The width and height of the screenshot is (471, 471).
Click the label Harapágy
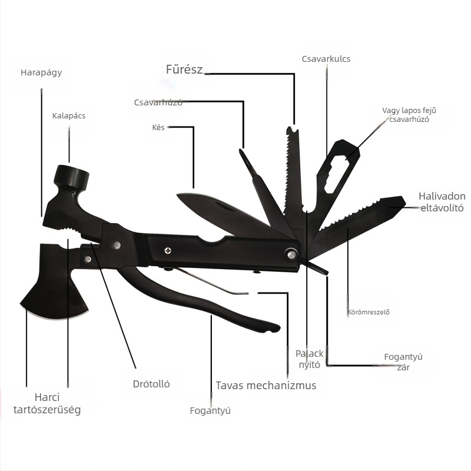[41, 72]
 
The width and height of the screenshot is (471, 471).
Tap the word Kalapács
[69, 115]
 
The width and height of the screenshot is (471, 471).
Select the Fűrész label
[184, 69]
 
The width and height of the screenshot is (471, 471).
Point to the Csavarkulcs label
[326, 58]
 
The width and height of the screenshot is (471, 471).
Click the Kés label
[158, 127]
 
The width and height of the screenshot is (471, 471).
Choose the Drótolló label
[151, 384]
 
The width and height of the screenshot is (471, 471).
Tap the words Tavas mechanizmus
[266, 385]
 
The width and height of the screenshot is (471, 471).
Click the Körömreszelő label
[369, 312]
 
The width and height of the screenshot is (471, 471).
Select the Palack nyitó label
[310, 359]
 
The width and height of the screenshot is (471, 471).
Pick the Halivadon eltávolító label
[442, 202]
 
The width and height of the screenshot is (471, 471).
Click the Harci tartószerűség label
[47, 403]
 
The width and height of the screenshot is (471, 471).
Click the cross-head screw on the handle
[168, 250]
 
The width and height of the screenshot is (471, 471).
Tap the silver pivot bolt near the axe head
[88, 259]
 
